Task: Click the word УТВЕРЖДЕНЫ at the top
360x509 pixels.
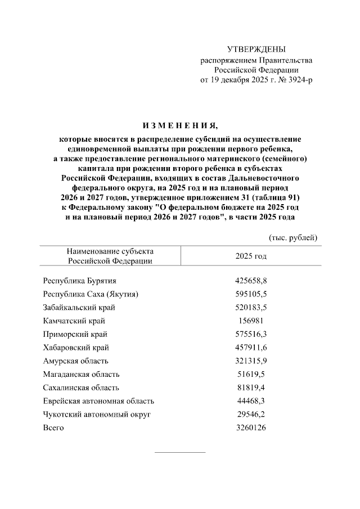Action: pos(256,49)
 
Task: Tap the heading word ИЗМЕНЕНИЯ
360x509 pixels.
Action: pos(179,125)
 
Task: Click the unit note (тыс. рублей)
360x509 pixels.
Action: pos(293,237)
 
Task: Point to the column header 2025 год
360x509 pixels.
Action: pos(251,256)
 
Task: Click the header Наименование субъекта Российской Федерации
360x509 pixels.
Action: pos(110,256)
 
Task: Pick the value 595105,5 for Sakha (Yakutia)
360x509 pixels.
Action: pos(251,294)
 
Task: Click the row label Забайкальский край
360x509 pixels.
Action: pos(79,307)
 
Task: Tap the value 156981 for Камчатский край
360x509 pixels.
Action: pos(251,321)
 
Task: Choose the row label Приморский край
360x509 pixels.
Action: pos(75,334)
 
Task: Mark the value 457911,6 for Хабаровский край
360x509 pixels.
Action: pos(251,348)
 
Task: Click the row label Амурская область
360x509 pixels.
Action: pos(75,361)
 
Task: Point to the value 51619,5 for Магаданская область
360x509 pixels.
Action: pos(251,374)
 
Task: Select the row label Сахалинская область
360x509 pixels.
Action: pos(80,388)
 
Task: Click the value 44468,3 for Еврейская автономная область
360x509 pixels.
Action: pos(251,401)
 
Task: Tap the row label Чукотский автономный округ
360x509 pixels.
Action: pos(97,415)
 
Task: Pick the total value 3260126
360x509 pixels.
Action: pos(251,428)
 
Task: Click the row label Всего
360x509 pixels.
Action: pos(53,428)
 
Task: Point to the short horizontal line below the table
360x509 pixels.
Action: pos(179,452)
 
